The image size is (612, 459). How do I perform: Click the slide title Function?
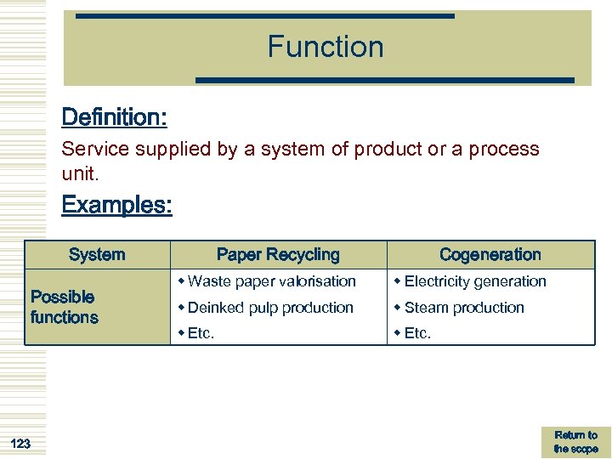[x=326, y=47]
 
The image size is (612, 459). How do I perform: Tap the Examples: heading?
[x=116, y=205]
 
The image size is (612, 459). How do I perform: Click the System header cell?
[x=97, y=254]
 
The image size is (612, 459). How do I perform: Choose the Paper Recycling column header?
[x=278, y=254]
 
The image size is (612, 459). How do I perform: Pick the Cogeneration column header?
[x=490, y=254]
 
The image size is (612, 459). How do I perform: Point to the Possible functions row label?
[x=64, y=307]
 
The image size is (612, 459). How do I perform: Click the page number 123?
[x=20, y=443]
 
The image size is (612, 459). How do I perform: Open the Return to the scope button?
[x=575, y=442]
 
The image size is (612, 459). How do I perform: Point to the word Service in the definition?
[x=94, y=149]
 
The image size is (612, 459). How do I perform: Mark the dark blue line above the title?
[x=264, y=15]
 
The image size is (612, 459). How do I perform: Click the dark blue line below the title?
[x=385, y=80]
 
